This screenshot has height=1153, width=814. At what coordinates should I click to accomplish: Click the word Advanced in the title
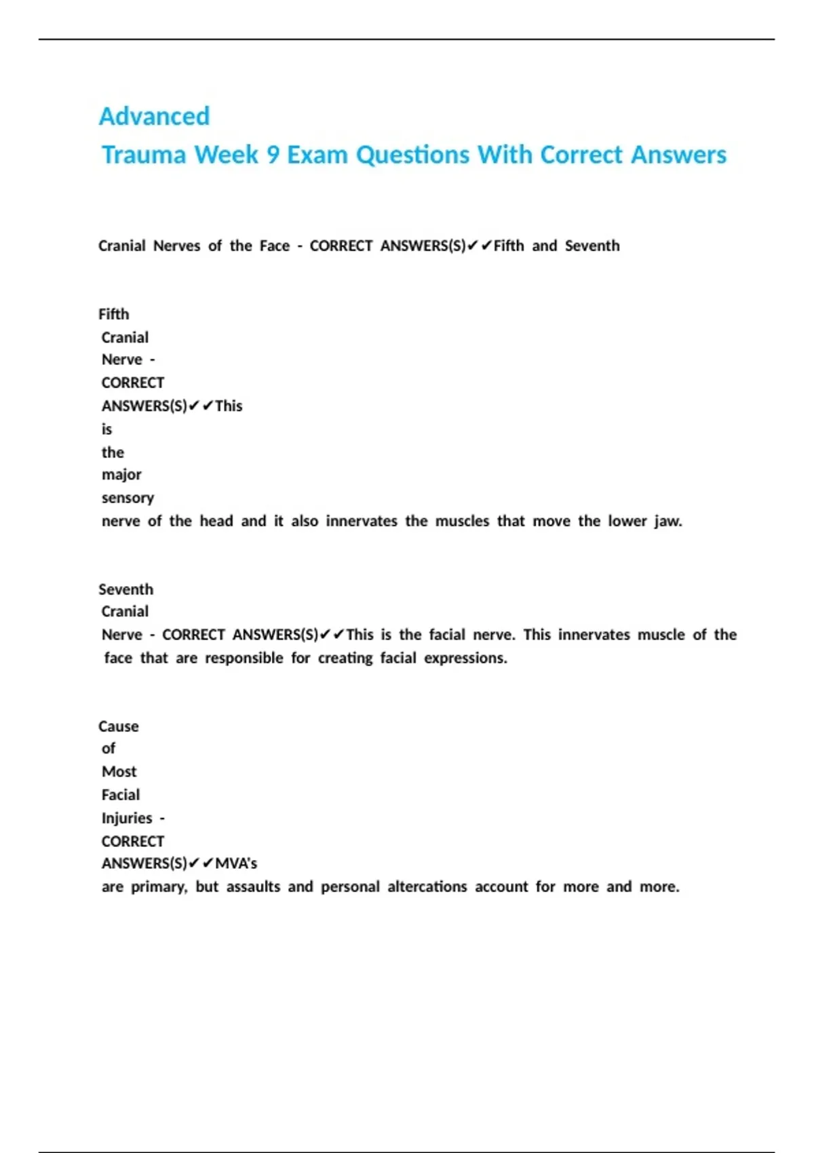tap(154, 116)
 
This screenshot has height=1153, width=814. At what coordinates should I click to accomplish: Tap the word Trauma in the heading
tap(144, 155)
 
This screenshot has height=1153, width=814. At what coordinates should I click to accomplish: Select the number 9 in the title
tap(273, 155)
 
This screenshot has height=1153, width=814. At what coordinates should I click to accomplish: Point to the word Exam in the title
tap(317, 155)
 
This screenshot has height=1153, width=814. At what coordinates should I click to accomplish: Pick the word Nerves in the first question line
tap(176, 246)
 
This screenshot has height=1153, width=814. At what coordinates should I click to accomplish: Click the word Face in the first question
tap(275, 246)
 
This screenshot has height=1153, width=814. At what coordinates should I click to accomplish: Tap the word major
tap(121, 475)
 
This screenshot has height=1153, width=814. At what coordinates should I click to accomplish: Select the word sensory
tap(128, 498)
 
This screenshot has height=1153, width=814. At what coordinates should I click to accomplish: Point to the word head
tap(216, 521)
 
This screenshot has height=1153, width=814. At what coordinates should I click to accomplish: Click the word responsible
tap(244, 658)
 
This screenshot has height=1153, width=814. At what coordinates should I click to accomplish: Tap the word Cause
tap(119, 726)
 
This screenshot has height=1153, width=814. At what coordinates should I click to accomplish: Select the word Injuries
tap(127, 818)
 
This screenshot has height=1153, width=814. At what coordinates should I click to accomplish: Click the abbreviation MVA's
tap(236, 863)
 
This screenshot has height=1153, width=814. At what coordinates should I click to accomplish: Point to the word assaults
tap(253, 886)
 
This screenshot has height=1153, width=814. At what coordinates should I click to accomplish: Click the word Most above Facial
tap(119, 772)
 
